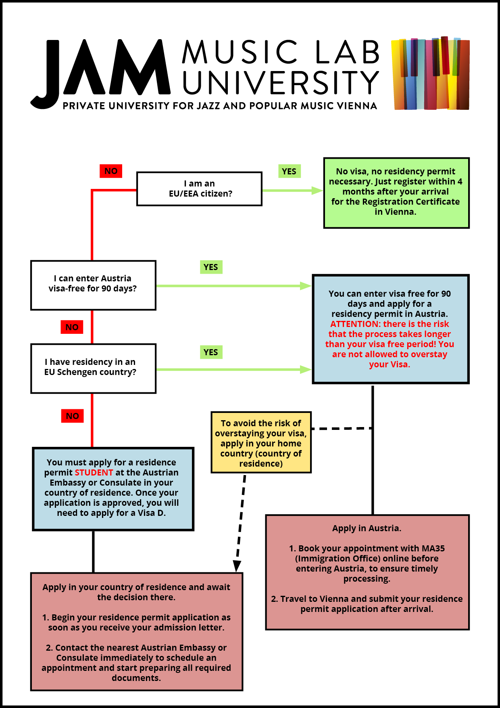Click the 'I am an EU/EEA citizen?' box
200,189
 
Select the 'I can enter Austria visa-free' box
93,285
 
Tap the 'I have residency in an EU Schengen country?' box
93,368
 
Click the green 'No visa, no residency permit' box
396,193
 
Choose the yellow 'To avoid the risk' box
261,442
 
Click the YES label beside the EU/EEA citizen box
289,171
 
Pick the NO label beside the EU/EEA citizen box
111,171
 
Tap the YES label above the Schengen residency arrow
211,352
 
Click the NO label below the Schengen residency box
73,416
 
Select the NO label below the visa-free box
72,327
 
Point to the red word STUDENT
94,473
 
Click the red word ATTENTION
355,324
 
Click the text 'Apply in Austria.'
367,528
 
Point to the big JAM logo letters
101,73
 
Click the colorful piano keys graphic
431,73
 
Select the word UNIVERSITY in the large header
280,83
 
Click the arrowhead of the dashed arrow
237,566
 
